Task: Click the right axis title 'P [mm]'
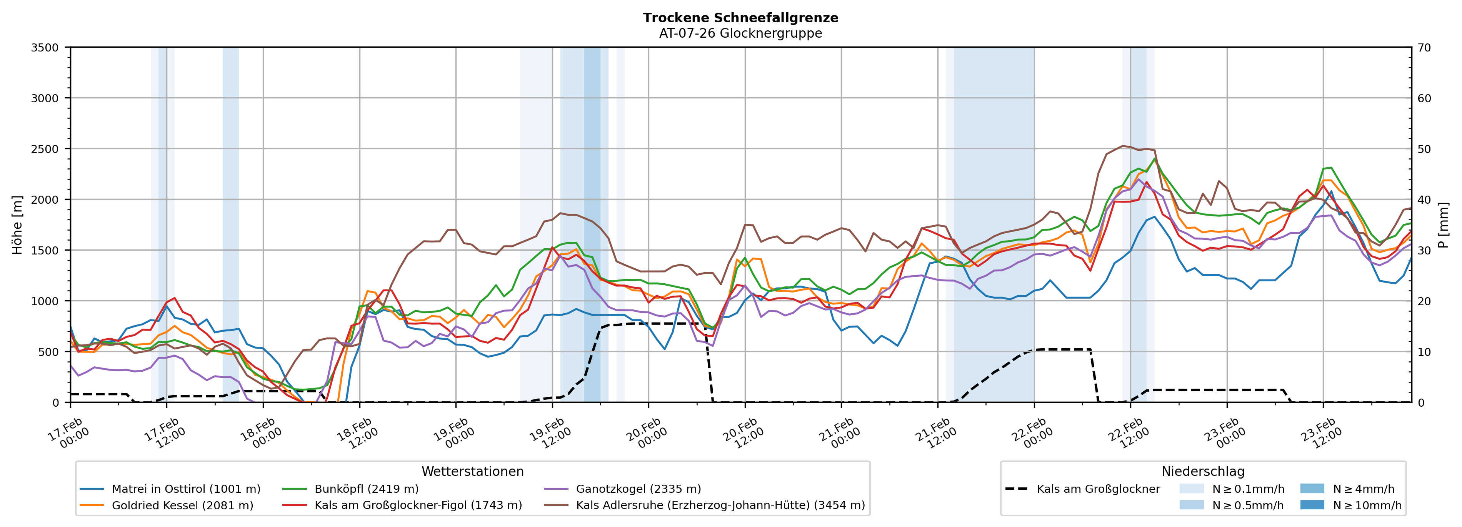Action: pos(1443,224)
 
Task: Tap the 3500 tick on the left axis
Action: pos(45,48)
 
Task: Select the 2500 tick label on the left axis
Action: pos(45,149)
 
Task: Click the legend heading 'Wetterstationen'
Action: pos(472,471)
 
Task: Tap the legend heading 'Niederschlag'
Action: pos(1203,471)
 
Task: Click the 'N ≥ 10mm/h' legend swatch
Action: pos(1312,505)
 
